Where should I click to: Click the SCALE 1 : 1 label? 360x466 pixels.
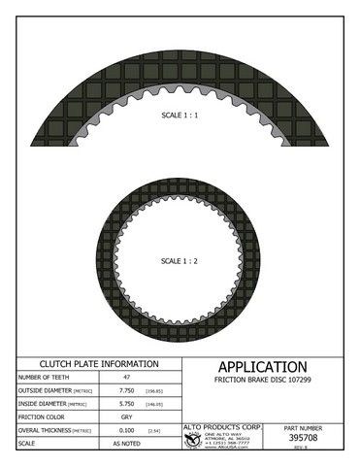coord(180,114)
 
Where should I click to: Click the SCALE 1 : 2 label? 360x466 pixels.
coord(180,261)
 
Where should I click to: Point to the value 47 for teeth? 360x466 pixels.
coord(125,377)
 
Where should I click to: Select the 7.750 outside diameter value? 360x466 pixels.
coord(125,389)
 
